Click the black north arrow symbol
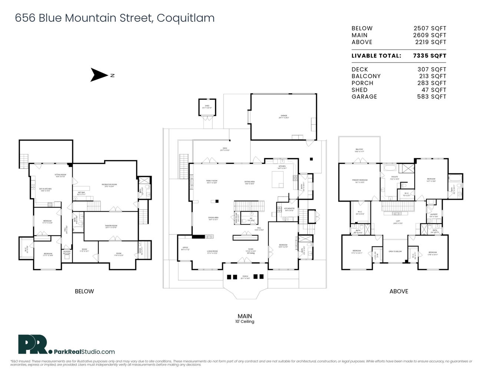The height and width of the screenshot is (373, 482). (x=97, y=75)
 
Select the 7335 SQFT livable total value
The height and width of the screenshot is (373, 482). (x=430, y=56)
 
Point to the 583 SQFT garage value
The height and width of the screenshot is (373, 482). (x=432, y=96)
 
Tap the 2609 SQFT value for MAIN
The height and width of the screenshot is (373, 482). (x=430, y=35)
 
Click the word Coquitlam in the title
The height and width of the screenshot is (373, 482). (x=185, y=18)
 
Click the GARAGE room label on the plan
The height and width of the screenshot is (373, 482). (x=284, y=116)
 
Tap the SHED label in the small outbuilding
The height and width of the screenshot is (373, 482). (x=207, y=106)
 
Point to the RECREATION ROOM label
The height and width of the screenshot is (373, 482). (x=109, y=184)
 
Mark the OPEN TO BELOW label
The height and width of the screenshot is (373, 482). (x=395, y=251)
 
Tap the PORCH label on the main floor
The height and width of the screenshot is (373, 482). (x=245, y=276)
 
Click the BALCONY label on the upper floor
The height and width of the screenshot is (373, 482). (x=359, y=150)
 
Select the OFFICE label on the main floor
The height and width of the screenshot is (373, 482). (x=185, y=248)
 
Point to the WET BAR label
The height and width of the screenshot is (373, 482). (x=81, y=192)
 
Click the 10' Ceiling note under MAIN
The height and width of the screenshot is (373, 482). (x=245, y=321)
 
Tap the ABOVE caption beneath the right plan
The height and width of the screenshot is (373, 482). (x=399, y=291)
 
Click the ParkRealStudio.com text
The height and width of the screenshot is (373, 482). (x=84, y=351)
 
